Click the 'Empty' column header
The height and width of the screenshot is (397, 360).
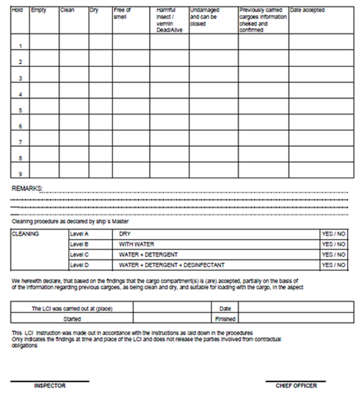tap(39, 10)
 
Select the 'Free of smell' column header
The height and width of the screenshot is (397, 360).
tap(122, 13)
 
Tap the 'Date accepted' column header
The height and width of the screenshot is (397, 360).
tap(307, 10)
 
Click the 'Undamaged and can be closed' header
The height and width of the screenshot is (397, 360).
tap(205, 17)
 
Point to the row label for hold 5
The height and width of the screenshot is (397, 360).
tap(20, 111)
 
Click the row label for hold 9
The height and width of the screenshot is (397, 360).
tap(20, 174)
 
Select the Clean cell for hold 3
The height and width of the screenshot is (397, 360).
tap(74, 74)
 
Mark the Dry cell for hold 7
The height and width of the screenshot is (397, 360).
tap(101, 138)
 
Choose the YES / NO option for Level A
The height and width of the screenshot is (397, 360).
tap(334, 234)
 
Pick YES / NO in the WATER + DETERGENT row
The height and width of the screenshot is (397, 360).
tap(334, 255)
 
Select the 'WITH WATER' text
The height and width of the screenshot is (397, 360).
tap(137, 244)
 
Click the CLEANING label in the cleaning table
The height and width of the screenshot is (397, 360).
tap(25, 234)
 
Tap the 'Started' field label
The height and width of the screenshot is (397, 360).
tap(72, 319)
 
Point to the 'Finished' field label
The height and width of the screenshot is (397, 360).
tap(225, 319)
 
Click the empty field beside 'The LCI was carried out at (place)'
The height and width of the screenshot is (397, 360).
tap(172, 308)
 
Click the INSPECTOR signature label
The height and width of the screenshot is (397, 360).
tap(50, 386)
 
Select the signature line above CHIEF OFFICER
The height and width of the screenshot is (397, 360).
tap(296, 381)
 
